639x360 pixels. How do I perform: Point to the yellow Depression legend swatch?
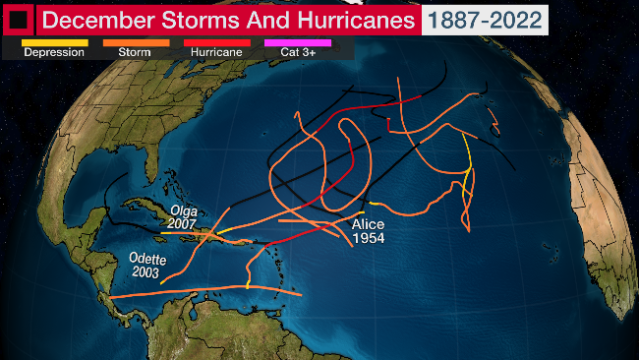[54, 42]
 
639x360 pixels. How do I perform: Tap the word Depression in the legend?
[54, 52]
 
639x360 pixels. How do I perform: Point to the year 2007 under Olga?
[184, 224]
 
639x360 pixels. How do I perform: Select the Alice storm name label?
[369, 224]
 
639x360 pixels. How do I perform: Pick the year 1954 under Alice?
[369, 237]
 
